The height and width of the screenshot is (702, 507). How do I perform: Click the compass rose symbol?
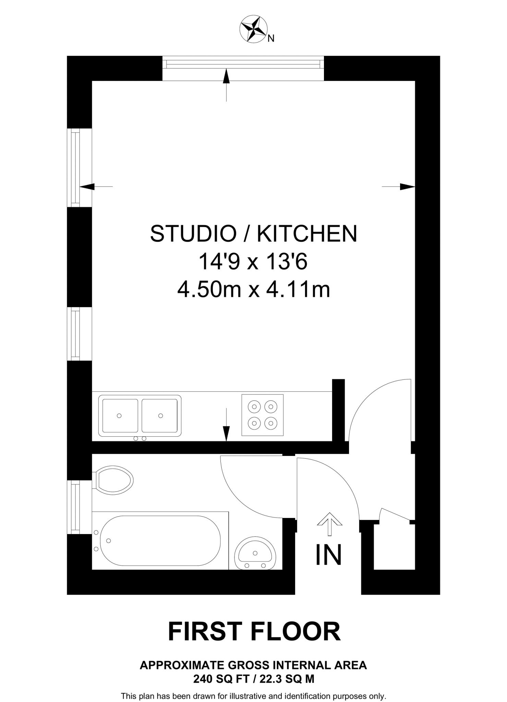(x=254, y=29)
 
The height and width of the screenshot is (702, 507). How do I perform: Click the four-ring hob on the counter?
(x=263, y=415)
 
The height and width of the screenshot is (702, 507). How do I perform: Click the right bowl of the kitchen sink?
(x=160, y=415)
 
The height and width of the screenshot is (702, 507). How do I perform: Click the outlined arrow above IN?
(x=329, y=523)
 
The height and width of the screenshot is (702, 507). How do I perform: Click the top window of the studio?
(x=243, y=64)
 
